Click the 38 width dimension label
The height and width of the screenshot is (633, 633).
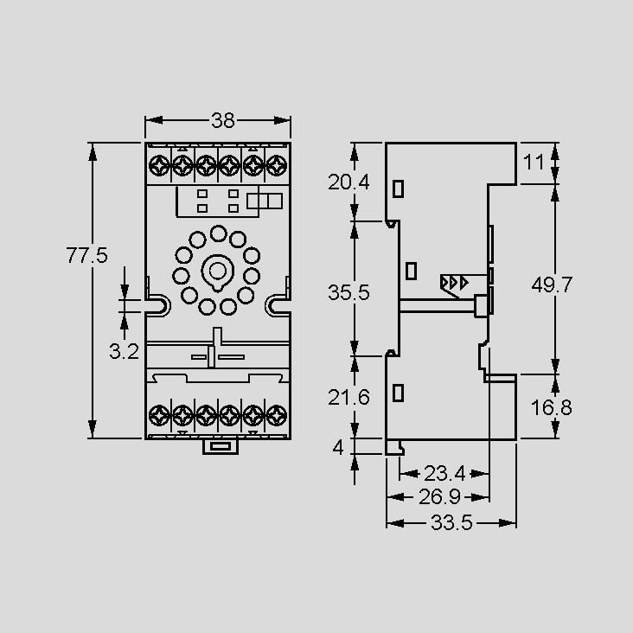(x=223, y=120)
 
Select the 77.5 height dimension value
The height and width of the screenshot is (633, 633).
(x=86, y=256)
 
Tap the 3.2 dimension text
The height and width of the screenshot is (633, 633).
(x=124, y=352)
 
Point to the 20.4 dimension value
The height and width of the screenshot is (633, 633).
(x=348, y=182)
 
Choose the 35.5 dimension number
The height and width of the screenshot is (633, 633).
(x=348, y=292)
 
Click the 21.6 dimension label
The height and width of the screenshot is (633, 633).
(x=348, y=398)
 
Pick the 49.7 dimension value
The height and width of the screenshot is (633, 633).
(x=552, y=285)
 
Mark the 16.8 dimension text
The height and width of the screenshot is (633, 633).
(x=551, y=407)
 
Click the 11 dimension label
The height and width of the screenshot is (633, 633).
(x=534, y=163)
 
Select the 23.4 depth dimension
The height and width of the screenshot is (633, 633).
(x=444, y=474)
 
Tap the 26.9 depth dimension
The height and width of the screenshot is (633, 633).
(x=439, y=497)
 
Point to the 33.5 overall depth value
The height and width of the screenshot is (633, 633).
(x=451, y=523)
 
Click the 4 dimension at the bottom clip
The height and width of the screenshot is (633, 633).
(x=338, y=447)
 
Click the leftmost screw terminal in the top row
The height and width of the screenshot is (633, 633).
(x=158, y=165)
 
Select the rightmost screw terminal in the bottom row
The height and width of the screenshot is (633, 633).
(x=277, y=415)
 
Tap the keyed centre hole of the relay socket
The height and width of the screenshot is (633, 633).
(x=218, y=272)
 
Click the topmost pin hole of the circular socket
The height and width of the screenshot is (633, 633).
(x=219, y=233)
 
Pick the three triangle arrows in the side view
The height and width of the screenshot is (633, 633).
(x=454, y=283)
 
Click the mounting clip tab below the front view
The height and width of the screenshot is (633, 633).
(x=221, y=447)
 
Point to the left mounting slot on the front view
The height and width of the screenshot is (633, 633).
(x=158, y=305)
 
